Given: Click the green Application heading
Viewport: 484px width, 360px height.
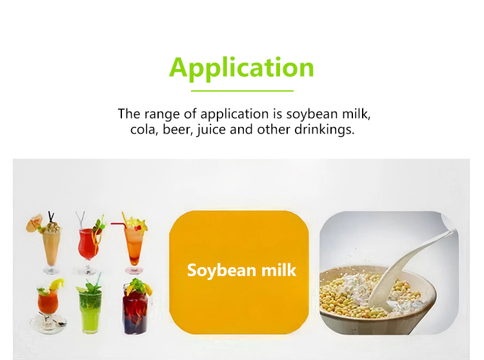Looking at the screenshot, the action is pos(241,68).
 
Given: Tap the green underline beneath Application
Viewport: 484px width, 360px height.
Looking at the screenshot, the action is pos(242,91).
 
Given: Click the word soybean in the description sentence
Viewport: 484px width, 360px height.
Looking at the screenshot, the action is pos(312,114).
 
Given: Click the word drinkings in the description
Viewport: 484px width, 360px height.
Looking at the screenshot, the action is pos(324,130).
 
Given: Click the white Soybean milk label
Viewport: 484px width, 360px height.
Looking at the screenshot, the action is pos(242,270).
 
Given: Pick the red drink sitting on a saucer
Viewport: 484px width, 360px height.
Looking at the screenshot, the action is pos(48,305).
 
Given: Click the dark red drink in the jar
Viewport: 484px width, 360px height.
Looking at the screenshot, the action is pos(136,307).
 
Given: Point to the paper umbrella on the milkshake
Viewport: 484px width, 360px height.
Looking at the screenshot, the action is pos(34,223).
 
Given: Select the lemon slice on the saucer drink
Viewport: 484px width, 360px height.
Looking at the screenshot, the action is pos(57,284).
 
